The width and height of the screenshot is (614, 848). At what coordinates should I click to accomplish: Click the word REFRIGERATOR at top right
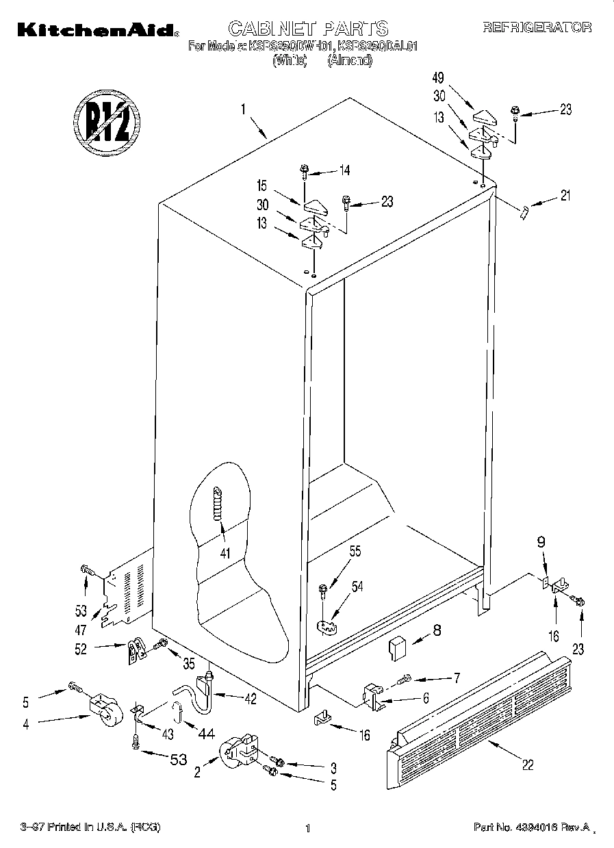[x=537, y=27]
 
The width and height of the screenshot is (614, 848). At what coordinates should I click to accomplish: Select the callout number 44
[x=205, y=734]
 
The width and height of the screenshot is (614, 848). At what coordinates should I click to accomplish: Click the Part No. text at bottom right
[x=533, y=827]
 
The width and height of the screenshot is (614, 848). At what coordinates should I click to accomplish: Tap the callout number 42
[x=250, y=699]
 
